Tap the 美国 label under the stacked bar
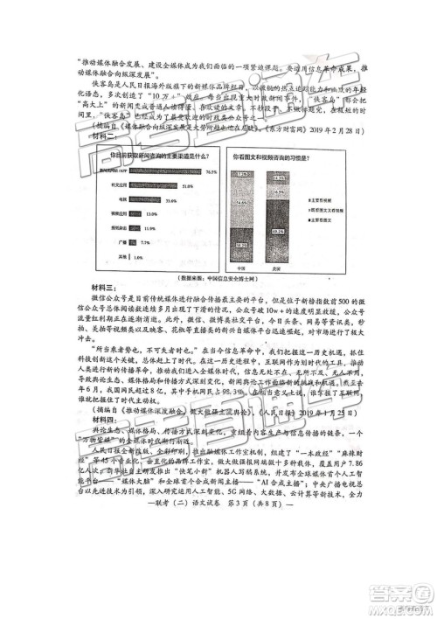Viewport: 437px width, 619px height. tap(281, 268)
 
